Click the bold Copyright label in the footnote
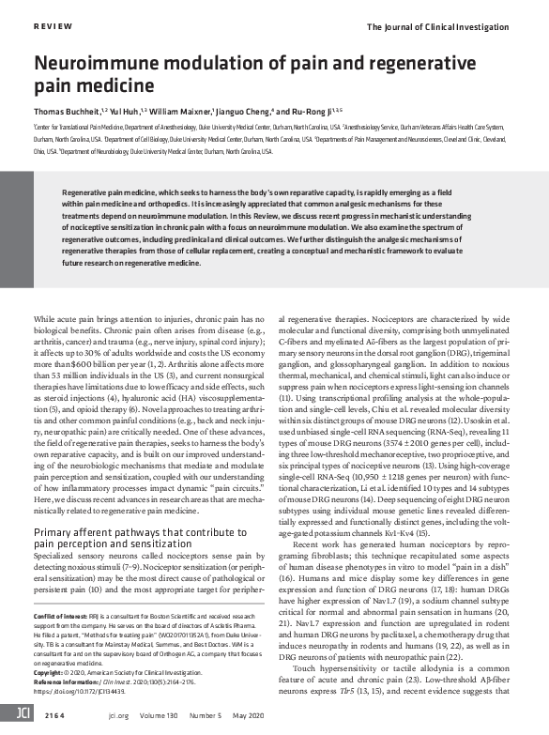click(x=53, y=673)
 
